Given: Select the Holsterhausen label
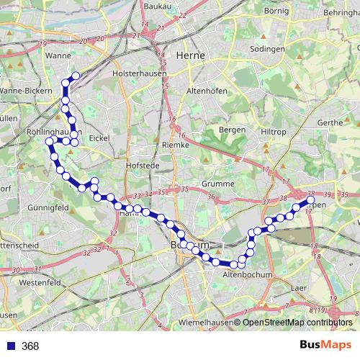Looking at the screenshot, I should [140, 73].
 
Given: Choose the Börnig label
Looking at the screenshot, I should [277, 12].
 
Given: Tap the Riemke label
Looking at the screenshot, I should [176, 145].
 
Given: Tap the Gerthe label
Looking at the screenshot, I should [330, 122].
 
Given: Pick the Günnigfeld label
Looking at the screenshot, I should [48, 207].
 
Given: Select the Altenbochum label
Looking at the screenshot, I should [247, 275].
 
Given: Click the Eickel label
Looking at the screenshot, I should [98, 138].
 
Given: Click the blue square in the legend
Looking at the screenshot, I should [11, 346].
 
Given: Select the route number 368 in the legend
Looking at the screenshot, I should [30, 346].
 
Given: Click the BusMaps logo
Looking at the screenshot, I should [325, 345].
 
